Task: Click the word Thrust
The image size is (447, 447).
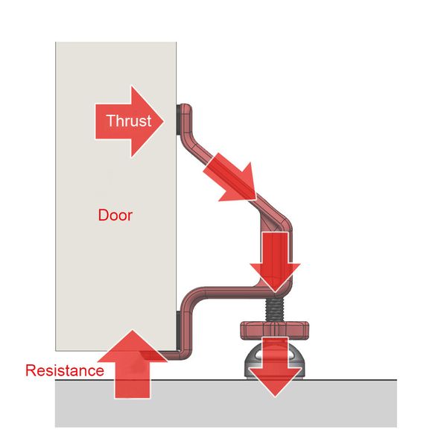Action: (128, 121)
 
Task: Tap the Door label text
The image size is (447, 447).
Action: (115, 215)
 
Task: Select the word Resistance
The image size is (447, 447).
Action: (64, 370)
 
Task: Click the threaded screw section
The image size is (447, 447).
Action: (275, 306)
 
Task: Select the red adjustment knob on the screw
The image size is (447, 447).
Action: (273, 327)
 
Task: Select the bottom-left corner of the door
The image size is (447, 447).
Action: (56, 349)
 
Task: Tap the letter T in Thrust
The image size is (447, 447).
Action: (110, 121)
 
